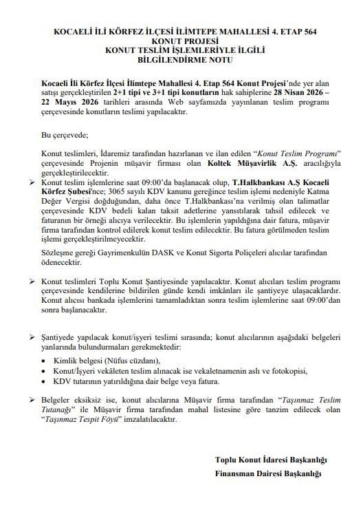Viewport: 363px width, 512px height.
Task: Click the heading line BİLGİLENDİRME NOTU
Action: coord(182,60)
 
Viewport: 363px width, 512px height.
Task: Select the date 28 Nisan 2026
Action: coord(296,92)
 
